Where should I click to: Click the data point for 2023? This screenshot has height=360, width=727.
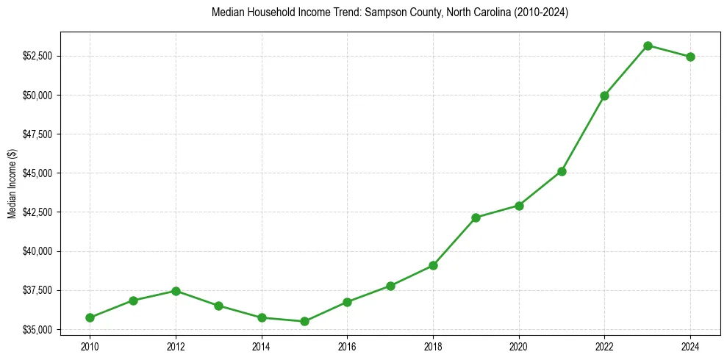tap(648, 46)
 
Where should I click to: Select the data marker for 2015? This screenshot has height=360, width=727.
tap(304, 321)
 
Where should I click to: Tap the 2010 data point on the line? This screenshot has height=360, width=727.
tap(90, 317)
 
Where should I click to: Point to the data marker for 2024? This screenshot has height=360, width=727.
tap(690, 57)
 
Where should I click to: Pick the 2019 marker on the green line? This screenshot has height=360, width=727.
tap(476, 217)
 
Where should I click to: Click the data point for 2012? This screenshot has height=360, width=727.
tap(176, 291)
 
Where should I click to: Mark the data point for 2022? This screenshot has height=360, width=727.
tap(604, 96)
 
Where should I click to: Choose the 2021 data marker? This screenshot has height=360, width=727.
tap(562, 171)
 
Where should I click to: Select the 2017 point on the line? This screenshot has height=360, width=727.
tap(390, 286)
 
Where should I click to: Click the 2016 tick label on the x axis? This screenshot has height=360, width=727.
tap(347, 345)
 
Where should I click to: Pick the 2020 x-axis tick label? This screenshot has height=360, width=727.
tap(519, 345)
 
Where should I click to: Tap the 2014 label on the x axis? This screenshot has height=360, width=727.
tap(261, 345)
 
